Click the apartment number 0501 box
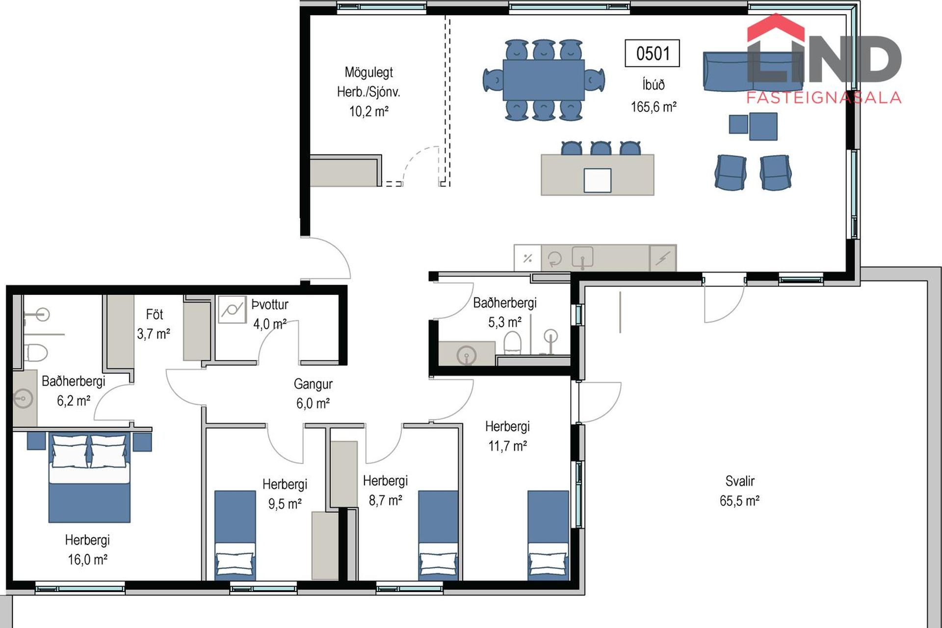pos(652,53)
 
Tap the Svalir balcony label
pos(740,481)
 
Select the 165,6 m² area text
pos(654,106)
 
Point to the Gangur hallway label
pos(313,384)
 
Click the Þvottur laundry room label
pos(270,305)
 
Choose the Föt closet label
pos(154,314)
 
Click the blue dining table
pos(544,79)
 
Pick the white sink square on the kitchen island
pos(597,180)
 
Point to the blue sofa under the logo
pos(753,72)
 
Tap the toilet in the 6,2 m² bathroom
pos(36,352)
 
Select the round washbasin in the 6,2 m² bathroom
pos(24,398)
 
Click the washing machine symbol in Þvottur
pos(232,310)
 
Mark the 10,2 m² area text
pos(368,111)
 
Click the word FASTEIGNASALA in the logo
pos(824,98)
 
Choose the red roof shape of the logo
pos(776,27)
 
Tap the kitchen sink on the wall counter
pos(583,257)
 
